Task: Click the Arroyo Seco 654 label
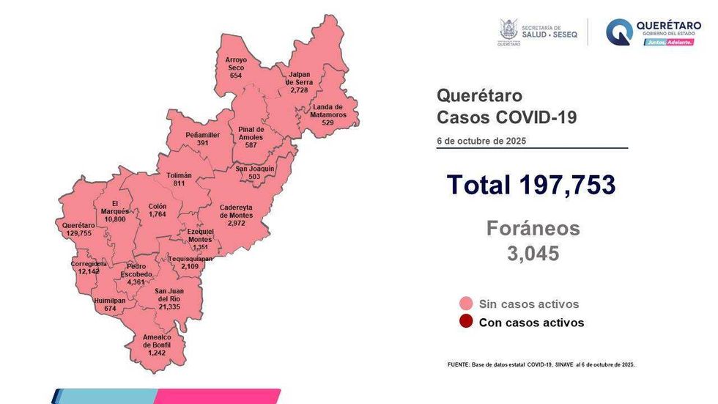(236, 67)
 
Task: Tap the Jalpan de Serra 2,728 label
(299, 83)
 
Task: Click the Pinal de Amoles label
(251, 137)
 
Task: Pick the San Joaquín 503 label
(255, 172)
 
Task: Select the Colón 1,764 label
(157, 210)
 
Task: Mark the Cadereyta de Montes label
(236, 215)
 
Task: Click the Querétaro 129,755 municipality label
(78, 229)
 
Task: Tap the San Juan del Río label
(169, 298)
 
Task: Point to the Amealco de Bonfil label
(158, 345)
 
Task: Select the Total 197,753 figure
(531, 185)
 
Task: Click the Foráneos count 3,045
(533, 254)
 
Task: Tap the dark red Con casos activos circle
(466, 322)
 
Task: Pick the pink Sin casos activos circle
(466, 304)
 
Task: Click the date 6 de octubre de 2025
(481, 140)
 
